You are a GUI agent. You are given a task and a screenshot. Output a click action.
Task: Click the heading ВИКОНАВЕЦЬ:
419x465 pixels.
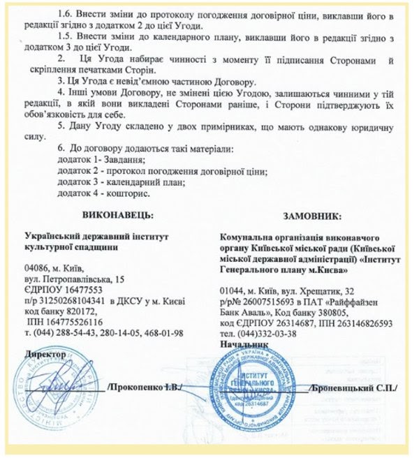point(115,212)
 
